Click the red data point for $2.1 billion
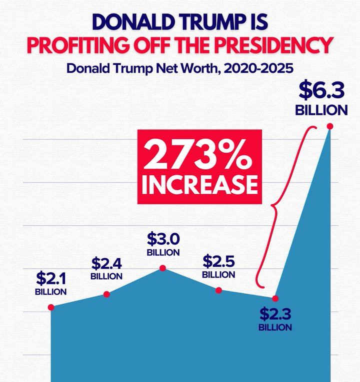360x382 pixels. coord(51,307)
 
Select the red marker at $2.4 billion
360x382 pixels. coord(106,294)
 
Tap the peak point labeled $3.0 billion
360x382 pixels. coord(162,268)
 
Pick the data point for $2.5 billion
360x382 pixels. coord(218,290)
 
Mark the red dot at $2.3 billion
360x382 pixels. coord(274,298)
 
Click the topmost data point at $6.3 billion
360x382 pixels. coord(329,126)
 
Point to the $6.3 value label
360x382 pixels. coord(320,91)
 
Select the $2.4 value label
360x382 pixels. coord(106,264)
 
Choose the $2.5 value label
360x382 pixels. coord(218,261)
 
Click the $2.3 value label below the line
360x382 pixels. coord(275,315)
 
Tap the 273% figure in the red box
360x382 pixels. coord(199,156)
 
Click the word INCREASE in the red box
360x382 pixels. coord(199,184)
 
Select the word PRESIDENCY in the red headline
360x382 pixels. coord(270,45)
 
